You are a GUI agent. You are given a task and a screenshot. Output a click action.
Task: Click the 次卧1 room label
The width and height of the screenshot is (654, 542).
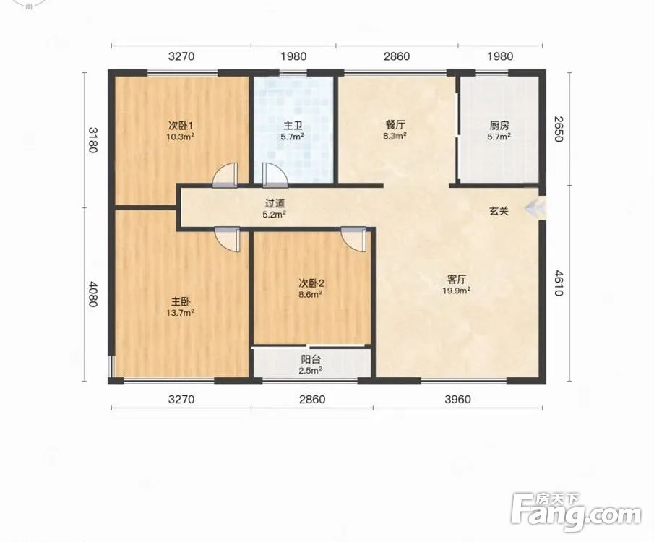pyautogui.click(x=181, y=125)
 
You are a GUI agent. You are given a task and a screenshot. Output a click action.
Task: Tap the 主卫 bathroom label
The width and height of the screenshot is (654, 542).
pyautogui.click(x=293, y=125)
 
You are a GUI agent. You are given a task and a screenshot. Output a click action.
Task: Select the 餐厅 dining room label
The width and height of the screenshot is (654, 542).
pyautogui.click(x=395, y=125)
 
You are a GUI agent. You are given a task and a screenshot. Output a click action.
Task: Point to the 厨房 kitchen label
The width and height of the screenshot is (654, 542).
pyautogui.click(x=499, y=125)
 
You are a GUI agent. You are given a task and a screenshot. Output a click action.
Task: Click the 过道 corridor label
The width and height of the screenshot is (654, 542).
pyautogui.click(x=275, y=203)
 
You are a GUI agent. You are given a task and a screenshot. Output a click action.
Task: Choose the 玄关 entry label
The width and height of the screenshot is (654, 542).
pyautogui.click(x=499, y=211)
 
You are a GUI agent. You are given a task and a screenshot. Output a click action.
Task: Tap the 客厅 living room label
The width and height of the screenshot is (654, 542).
pyautogui.click(x=457, y=279)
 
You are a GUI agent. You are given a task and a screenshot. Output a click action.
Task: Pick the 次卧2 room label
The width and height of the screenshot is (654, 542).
pyautogui.click(x=311, y=283)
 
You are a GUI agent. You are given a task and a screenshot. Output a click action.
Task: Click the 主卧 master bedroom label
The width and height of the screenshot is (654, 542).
pyautogui.click(x=181, y=301)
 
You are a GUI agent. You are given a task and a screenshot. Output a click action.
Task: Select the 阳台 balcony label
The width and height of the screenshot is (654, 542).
pyautogui.click(x=311, y=359)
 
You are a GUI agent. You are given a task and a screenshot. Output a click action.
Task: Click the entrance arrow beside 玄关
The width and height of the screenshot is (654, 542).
pyautogui.click(x=535, y=208)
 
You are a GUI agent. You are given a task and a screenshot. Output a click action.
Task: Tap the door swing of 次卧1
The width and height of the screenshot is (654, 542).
pyautogui.click(x=225, y=174)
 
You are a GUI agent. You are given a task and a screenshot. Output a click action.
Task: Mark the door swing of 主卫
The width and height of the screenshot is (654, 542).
pyautogui.click(x=275, y=174)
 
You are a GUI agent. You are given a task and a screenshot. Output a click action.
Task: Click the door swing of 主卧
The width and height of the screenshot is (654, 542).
pyautogui.click(x=228, y=240)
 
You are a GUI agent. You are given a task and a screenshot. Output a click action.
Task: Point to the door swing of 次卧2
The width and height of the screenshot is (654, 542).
pyautogui.click(x=353, y=240)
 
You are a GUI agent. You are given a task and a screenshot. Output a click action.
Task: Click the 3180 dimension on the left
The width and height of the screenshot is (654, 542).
pyautogui.click(x=92, y=139)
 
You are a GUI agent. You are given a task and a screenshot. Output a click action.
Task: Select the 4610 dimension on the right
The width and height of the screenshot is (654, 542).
pyautogui.click(x=559, y=283)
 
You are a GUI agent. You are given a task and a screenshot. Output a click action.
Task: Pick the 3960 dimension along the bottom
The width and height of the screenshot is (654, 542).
pyautogui.click(x=457, y=400)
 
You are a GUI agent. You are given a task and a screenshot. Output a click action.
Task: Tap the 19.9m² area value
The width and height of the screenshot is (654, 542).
pyautogui.click(x=457, y=291)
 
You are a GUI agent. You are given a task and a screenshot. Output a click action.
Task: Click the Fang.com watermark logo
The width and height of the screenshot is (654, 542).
pyautogui.click(x=576, y=512)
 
